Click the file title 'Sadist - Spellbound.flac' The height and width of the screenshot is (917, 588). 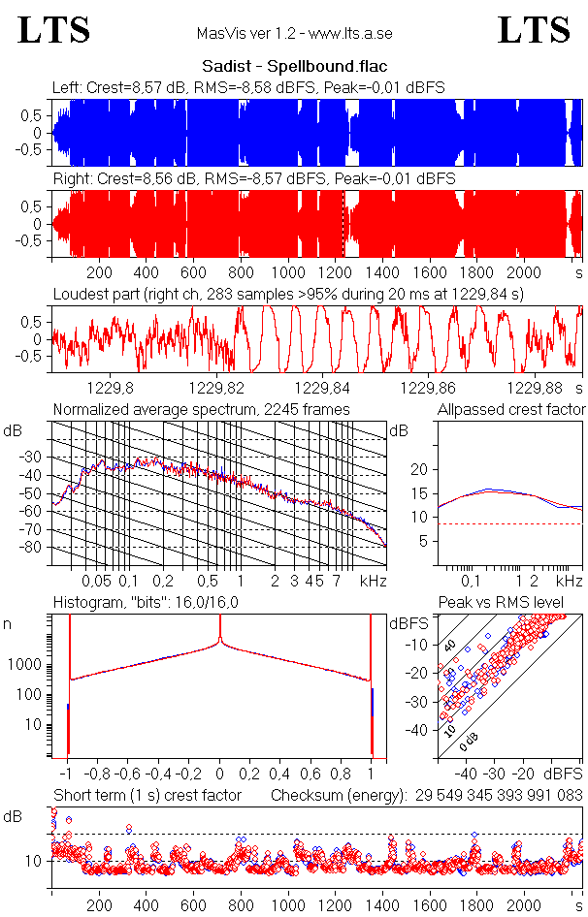(x=294, y=67)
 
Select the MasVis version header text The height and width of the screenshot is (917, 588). (x=294, y=34)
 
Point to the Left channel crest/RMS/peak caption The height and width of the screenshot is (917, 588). (x=248, y=88)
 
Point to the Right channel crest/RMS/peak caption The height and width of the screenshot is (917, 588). (x=254, y=179)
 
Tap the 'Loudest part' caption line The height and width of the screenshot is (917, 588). (x=288, y=293)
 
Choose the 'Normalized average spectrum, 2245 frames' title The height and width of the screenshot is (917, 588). (x=202, y=409)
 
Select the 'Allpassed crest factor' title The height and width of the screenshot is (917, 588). (x=511, y=409)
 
